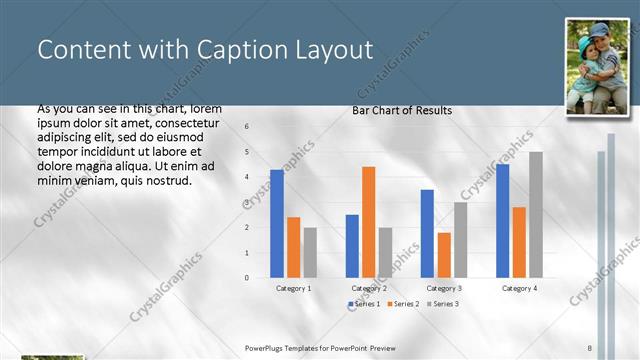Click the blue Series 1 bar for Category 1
coord(277,223)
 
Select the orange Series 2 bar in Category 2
coord(369,221)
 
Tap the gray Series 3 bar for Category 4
coord(536,214)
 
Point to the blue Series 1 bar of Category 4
coord(502,220)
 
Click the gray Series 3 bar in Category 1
coord(310,252)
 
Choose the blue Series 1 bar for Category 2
coord(352,245)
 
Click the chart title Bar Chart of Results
coord(402,110)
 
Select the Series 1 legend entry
coord(365,303)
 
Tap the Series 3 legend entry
coord(442,303)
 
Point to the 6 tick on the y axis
coord(247,127)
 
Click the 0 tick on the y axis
coord(247,277)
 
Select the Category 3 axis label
coord(444,288)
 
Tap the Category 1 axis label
coord(293,288)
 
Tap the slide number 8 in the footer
coord(590,347)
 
